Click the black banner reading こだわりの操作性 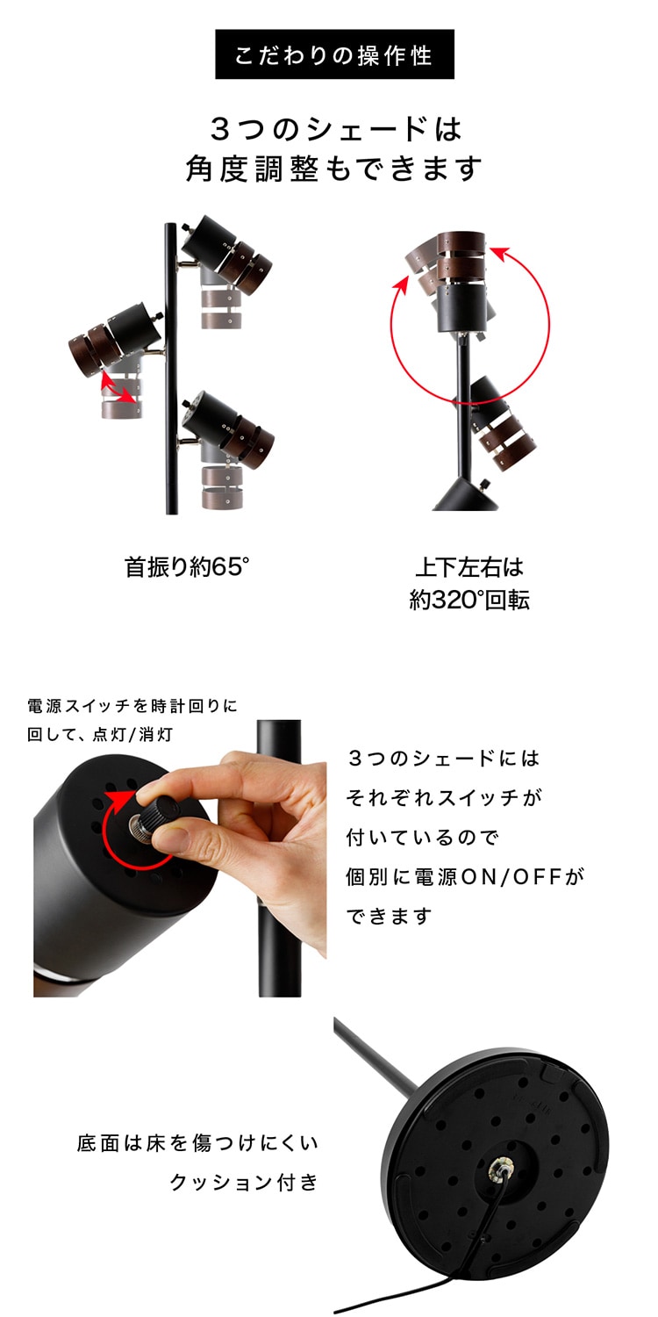pos(334,54)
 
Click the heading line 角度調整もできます pos(334,167)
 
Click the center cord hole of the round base pos(501,1166)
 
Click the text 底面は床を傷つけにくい pos(197,1143)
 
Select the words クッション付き pos(243,1182)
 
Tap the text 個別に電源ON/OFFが pos(465,876)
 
